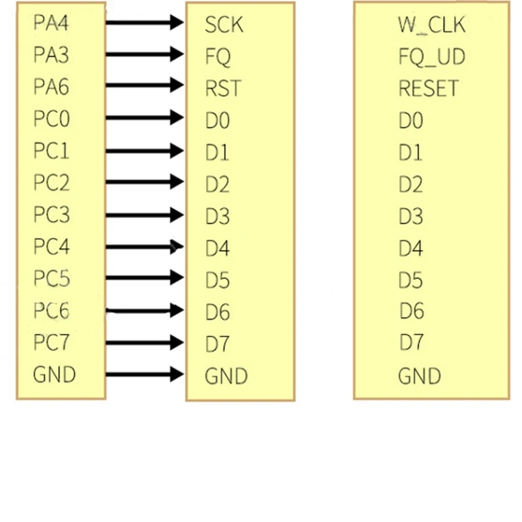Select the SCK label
pyautogui.click(x=224, y=25)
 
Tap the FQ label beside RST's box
pyautogui.click(x=218, y=57)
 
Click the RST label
pyautogui.click(x=223, y=88)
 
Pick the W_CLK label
pyautogui.click(x=431, y=25)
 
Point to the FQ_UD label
pyautogui.click(x=431, y=57)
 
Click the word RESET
pyautogui.click(x=428, y=88)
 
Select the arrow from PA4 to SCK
pyautogui.click(x=144, y=23)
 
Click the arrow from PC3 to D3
pyautogui.click(x=144, y=215)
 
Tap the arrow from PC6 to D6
pyautogui.click(x=144, y=311)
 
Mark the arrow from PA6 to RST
pyautogui.click(x=144, y=86)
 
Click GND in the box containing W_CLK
pyautogui.click(x=420, y=376)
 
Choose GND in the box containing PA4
pyautogui.click(x=54, y=375)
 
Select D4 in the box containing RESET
pyautogui.click(x=410, y=249)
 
